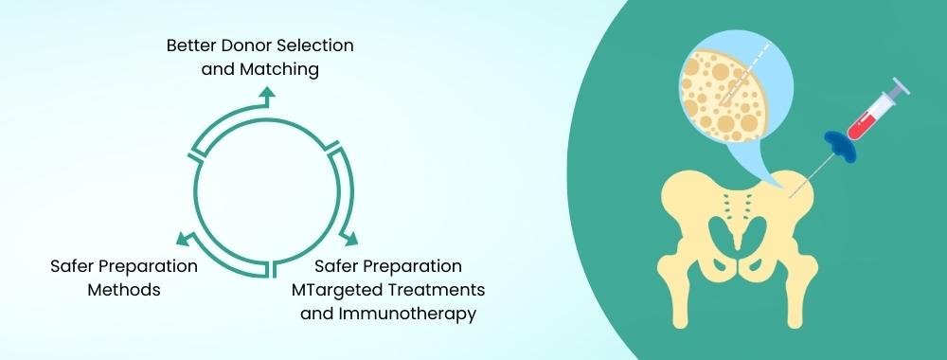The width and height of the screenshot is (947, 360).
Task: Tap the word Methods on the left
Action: [124, 290]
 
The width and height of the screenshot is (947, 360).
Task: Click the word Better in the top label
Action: [192, 45]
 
